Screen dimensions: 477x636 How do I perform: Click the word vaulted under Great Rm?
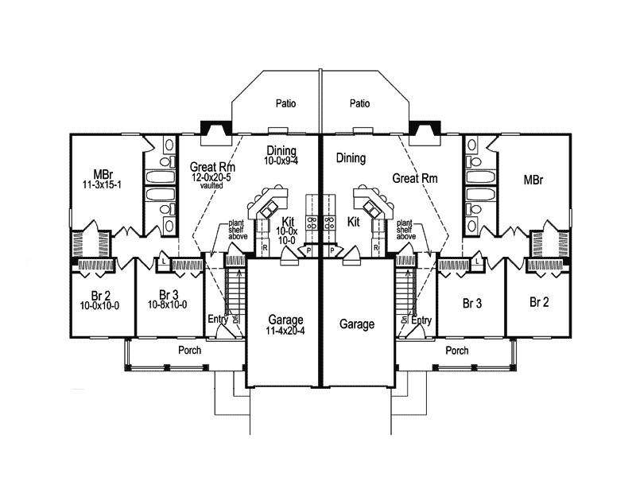[x=211, y=186]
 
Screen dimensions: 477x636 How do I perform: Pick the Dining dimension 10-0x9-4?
[x=282, y=161]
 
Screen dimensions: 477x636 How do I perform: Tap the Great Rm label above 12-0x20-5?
[x=211, y=167]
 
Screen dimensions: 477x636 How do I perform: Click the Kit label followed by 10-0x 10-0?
[x=287, y=220]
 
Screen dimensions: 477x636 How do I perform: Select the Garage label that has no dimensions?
[x=356, y=324]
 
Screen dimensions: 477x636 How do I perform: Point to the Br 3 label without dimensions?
[x=474, y=302]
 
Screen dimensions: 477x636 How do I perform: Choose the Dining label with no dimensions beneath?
[x=351, y=158]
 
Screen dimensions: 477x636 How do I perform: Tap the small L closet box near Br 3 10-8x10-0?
[x=163, y=259]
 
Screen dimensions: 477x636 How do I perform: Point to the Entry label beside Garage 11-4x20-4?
[x=218, y=320]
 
